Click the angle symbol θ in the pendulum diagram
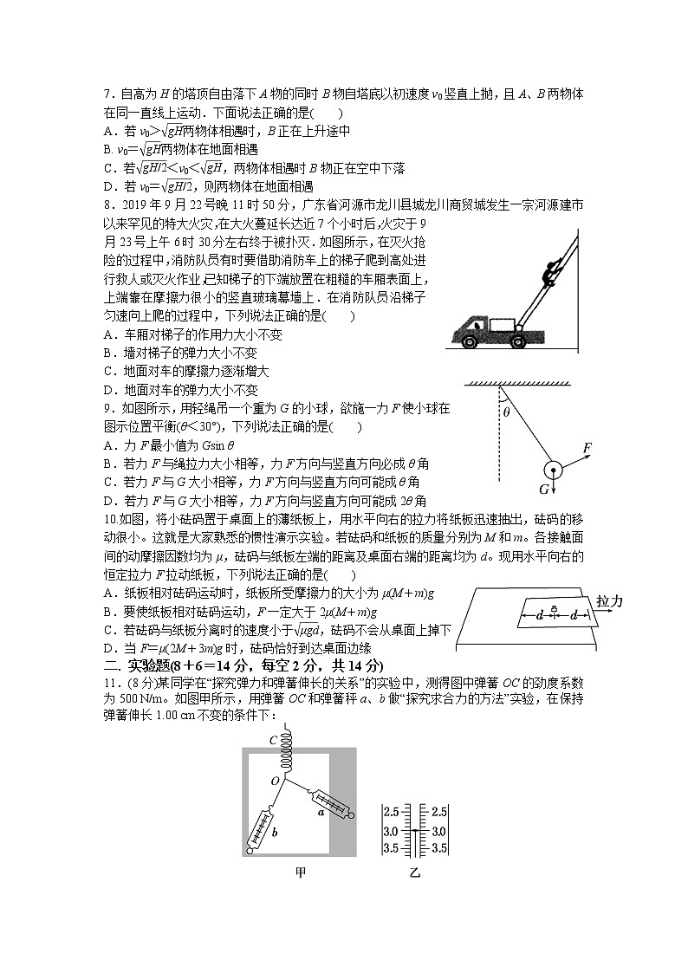tap(506, 412)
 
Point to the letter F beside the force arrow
tap(587, 447)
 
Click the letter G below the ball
tap(544, 490)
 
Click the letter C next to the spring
tap(273, 740)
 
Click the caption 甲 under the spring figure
tap(301, 872)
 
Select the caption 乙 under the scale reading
tap(414, 872)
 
